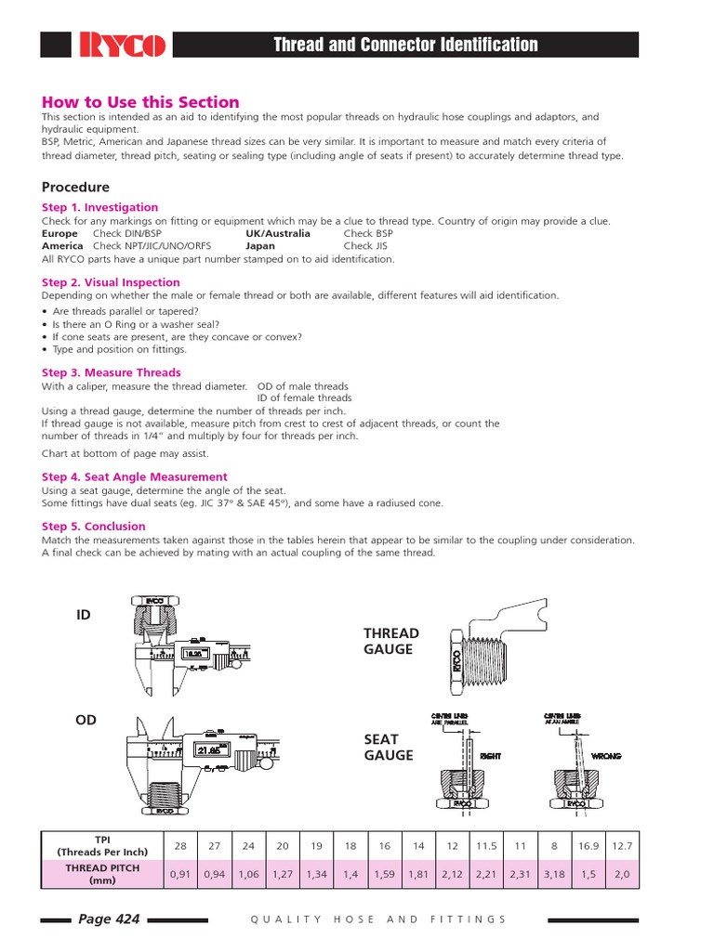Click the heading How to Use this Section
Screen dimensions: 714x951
pyautogui.click(x=140, y=102)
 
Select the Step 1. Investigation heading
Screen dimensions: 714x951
pyautogui.click(x=99, y=207)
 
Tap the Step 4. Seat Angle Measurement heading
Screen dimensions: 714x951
pyautogui.click(x=135, y=476)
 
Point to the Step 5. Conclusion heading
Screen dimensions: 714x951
pyautogui.click(x=94, y=527)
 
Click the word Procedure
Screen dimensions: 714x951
pyautogui.click(x=75, y=187)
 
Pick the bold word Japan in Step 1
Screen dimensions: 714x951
pyautogui.click(x=260, y=246)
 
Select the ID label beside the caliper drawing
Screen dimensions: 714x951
pyautogui.click(x=85, y=615)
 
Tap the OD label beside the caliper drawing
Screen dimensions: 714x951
pyautogui.click(x=86, y=720)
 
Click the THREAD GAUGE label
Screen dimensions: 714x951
pyautogui.click(x=390, y=641)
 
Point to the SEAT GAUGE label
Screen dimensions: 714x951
pyautogui.click(x=388, y=747)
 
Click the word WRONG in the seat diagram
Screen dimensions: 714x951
pyautogui.click(x=605, y=757)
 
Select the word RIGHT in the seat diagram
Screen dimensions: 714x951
pyautogui.click(x=490, y=757)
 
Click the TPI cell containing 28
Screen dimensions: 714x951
pyautogui.click(x=180, y=846)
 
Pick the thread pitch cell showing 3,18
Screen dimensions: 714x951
pyautogui.click(x=554, y=874)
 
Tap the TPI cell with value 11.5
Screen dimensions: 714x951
pyautogui.click(x=486, y=846)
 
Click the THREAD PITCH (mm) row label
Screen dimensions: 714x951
pyautogui.click(x=102, y=874)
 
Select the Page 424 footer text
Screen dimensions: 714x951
pyautogui.click(x=109, y=919)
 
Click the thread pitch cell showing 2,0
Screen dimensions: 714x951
pyautogui.click(x=622, y=874)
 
